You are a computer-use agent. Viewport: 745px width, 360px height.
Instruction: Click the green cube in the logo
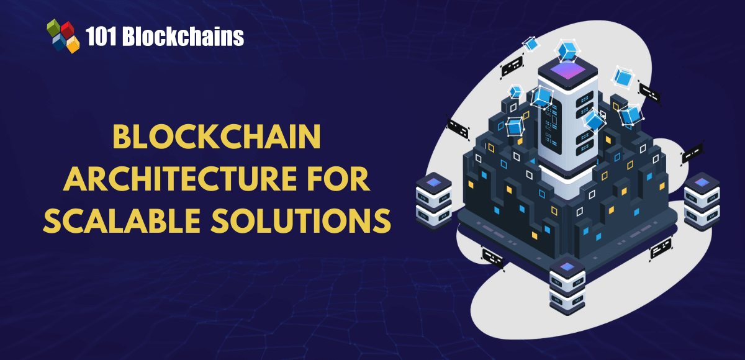54,29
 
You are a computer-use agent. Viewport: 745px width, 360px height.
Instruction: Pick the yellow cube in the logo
73,43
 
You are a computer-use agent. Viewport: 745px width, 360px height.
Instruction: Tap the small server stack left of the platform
433,199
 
